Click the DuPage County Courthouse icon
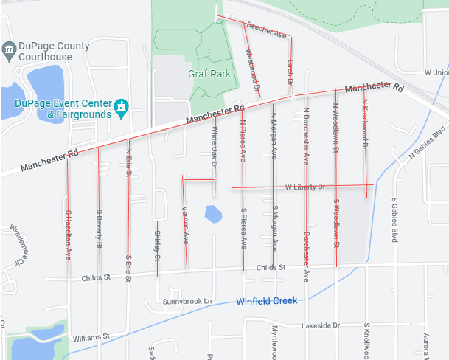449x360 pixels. coord(9,50)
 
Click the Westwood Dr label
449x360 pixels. coord(252,74)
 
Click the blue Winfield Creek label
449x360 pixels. coord(266,301)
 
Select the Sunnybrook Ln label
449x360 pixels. coord(187,302)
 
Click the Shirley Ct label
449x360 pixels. coord(156,246)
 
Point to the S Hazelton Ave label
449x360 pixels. coord(68,233)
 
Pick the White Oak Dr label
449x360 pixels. coord(215,146)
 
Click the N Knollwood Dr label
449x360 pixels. coord(365,125)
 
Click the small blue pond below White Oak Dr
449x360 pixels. coord(213,215)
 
